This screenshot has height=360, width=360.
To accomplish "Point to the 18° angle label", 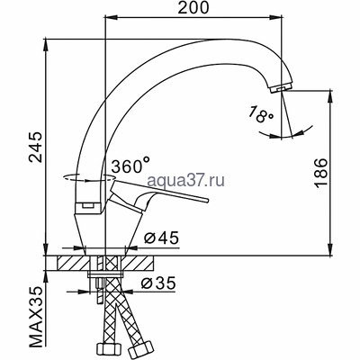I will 260,112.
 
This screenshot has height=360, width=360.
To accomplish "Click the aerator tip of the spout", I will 281,85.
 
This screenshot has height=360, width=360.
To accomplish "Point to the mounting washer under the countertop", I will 107,274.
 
